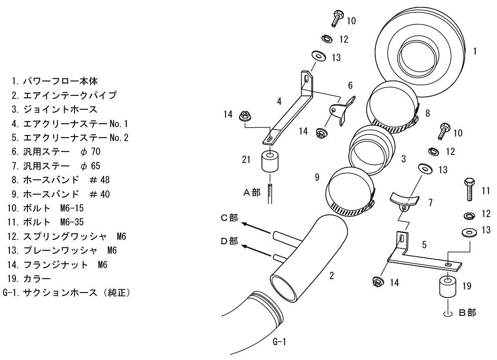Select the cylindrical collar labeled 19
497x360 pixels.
coord(448,287)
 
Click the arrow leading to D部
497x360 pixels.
coord(257,250)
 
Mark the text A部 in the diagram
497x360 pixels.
coord(251,192)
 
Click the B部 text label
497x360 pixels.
coord(468,313)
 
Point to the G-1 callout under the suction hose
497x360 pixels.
coord(279,342)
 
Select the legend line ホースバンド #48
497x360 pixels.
coord(61,180)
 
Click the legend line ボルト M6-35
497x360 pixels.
coord(45,222)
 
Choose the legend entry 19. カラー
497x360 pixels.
coord(29,279)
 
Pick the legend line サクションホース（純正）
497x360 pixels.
coord(67,292)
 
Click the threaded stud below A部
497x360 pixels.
coord(270,194)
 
